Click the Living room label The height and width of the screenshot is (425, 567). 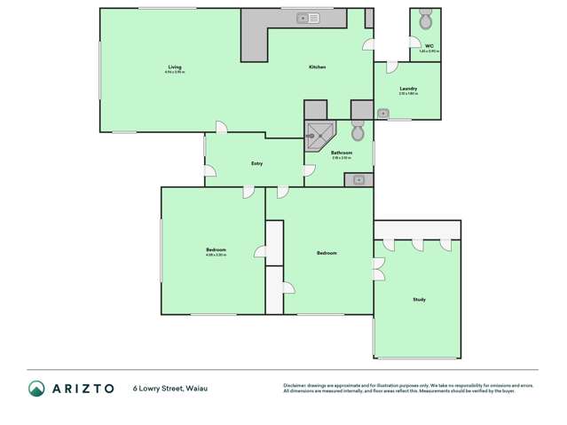coord(175,67)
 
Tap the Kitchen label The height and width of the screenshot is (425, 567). coord(318,67)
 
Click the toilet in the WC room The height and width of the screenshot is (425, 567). coord(426,22)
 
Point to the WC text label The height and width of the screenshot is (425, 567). coord(429,45)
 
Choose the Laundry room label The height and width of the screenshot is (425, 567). coord(408,89)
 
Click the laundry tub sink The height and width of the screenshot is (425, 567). coord(383,114)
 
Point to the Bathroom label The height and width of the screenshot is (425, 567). coord(342,153)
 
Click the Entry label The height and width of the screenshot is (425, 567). coord(256,163)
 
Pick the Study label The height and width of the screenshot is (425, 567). coord(419,300)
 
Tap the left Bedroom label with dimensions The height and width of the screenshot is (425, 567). coord(216,251)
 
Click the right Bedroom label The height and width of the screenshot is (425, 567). coord(327,254)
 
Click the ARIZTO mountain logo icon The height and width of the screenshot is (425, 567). coord(36,388)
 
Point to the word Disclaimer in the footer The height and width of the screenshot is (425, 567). coord(295,384)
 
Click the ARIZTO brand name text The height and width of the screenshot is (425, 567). coord(84,388)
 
